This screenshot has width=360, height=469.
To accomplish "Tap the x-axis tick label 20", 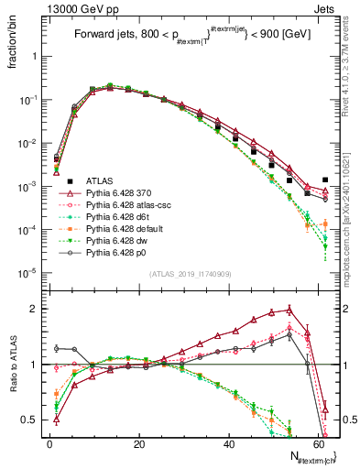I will click(x=138, y=444).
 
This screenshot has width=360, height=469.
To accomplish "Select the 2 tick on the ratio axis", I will click(x=34, y=309).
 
